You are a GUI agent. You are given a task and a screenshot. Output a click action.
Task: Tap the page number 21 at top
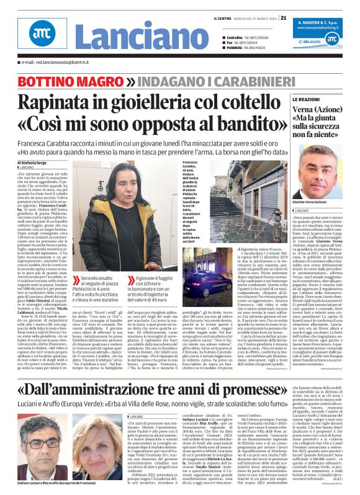click(283, 17)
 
